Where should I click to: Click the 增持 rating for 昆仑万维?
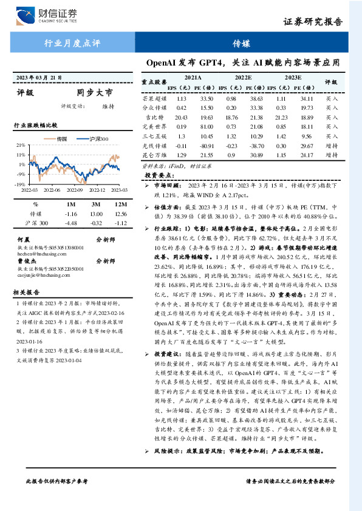click(332, 155)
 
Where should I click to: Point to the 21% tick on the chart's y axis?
click(21, 146)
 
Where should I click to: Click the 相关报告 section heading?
click(27, 292)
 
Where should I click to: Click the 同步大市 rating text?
click(95, 93)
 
